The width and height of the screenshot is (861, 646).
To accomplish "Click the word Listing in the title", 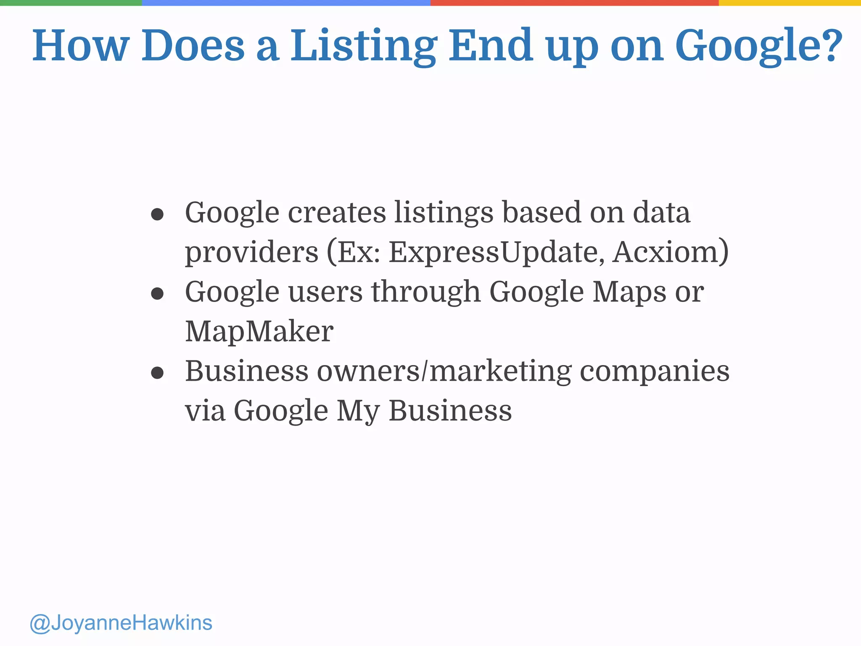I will (363, 45).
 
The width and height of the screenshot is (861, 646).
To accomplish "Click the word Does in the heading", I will (193, 45).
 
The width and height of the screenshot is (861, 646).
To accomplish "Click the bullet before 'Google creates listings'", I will (157, 214).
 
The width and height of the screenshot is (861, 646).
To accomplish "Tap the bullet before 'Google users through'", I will (157, 294).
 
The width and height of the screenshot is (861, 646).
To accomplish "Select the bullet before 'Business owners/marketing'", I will (157, 373).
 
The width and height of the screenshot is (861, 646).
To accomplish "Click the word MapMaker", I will (259, 331).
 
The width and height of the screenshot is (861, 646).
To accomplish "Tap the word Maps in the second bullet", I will (629, 292).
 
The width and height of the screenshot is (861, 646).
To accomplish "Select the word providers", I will (252, 252).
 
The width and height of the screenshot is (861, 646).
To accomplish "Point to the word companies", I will (655, 372).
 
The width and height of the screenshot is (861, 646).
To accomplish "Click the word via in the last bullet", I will (205, 410).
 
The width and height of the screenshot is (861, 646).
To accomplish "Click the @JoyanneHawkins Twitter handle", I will (121, 623).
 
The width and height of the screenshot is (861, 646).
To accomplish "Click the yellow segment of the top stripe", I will (790, 3).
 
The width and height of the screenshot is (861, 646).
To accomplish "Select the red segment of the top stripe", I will (574, 3).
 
